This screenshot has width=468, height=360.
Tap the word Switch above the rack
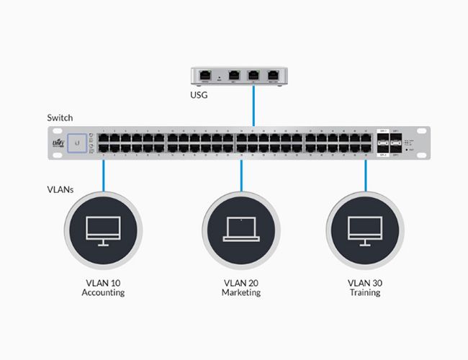coord(59,117)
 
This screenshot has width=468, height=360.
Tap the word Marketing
coord(240,293)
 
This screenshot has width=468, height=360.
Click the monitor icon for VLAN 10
coord(104,228)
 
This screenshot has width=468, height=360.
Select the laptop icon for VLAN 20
coord(240,228)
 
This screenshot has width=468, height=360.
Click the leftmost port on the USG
coord(206,74)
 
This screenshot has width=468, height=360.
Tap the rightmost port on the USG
coord(273,74)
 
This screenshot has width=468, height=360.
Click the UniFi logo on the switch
coord(58,143)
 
